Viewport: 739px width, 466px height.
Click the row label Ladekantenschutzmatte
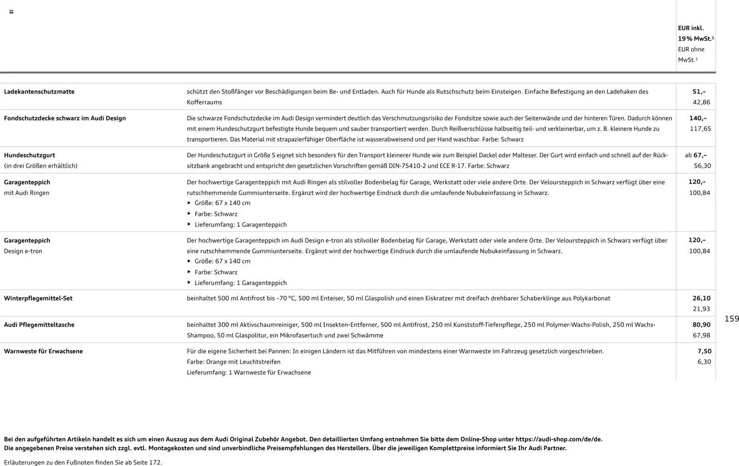39,91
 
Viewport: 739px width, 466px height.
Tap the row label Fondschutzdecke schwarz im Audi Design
65,118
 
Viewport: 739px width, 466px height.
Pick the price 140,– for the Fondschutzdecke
698,118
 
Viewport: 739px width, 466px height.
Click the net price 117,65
700,129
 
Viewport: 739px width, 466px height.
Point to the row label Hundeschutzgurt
30,155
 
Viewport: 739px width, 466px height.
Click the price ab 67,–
696,155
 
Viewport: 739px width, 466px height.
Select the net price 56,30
702,166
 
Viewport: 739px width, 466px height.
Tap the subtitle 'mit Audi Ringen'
27,193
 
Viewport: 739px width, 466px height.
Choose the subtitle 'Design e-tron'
23,251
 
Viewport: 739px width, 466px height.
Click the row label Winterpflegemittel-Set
38,298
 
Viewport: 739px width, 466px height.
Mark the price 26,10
701,298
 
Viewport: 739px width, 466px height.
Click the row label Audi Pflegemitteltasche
39,325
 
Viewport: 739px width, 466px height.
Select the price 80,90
701,325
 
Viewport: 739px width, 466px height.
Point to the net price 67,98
701,335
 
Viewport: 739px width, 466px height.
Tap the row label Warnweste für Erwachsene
43,351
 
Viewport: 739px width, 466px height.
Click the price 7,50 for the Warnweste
704,351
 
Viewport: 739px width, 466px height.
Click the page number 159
731,319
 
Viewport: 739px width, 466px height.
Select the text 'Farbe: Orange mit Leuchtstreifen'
234,362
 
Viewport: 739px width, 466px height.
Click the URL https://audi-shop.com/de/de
558,439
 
